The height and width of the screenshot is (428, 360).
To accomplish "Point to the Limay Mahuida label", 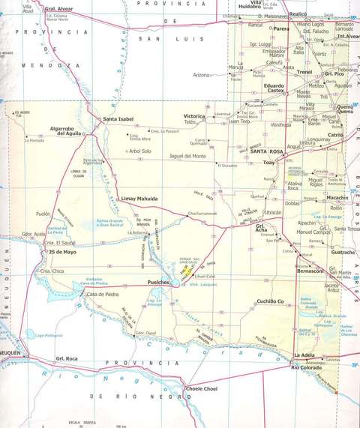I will click(x=139, y=199).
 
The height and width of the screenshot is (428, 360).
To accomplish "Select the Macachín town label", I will click(x=337, y=197).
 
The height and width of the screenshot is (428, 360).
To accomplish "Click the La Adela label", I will click(x=304, y=355).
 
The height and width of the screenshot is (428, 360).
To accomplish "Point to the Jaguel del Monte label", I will click(x=187, y=156).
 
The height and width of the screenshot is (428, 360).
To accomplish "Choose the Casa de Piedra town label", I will click(x=104, y=294).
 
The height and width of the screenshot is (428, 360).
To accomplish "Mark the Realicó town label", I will click(x=298, y=13).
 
